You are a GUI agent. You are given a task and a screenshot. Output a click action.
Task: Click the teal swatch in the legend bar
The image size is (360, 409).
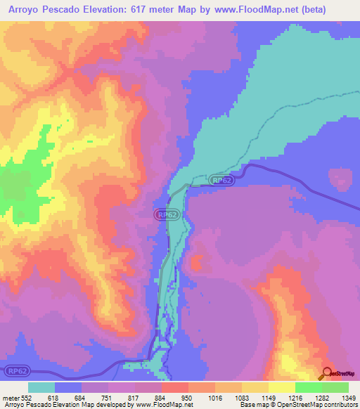(x=41, y=387)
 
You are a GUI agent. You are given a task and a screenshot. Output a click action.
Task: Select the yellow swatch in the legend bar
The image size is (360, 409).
(x=281, y=387)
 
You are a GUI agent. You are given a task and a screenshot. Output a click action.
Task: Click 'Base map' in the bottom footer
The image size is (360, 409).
(x=252, y=405)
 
